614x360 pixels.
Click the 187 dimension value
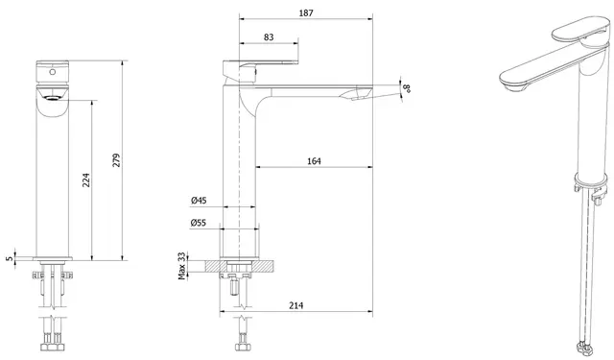click(306, 12)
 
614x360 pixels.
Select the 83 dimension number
click(269, 37)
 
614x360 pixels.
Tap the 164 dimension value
click(314, 161)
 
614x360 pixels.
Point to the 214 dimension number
click(295, 305)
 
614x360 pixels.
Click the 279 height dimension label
click(117, 160)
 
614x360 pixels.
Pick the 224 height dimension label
click(86, 180)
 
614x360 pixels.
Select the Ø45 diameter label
click(199, 201)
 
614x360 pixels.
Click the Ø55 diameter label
click(199, 223)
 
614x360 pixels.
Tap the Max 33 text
click(181, 266)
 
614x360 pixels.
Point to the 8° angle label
click(408, 88)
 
